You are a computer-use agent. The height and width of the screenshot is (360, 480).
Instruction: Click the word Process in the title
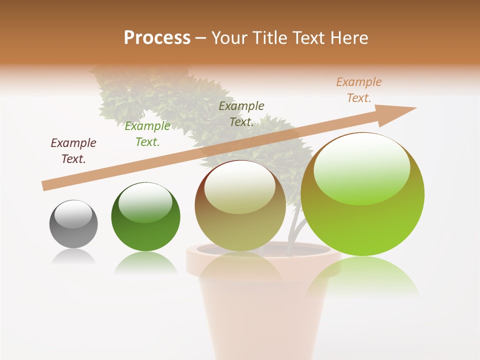(157, 37)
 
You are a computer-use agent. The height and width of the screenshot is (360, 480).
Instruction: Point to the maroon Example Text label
(73, 151)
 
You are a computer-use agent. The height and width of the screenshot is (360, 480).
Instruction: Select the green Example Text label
(147, 134)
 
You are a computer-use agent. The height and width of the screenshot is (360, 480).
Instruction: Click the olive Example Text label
(241, 113)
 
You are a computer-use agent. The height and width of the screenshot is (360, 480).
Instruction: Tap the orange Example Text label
(359, 90)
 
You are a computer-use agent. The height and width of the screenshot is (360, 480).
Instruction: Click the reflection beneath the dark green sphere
(145, 262)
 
